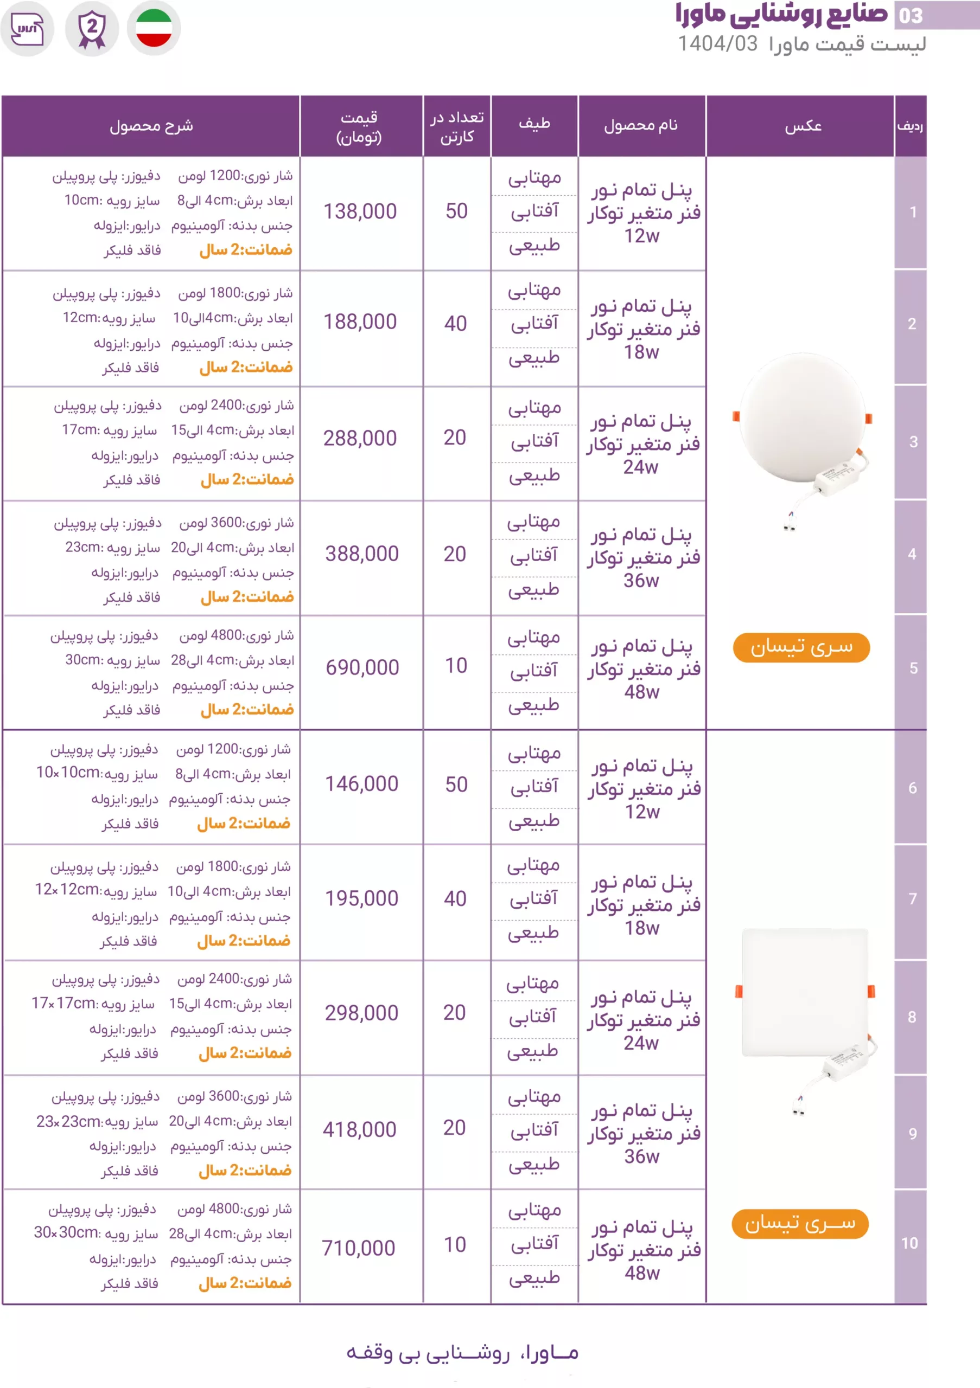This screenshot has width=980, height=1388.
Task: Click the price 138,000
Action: (x=360, y=211)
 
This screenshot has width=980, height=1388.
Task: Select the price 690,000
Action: (x=362, y=667)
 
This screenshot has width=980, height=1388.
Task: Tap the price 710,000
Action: (x=358, y=1248)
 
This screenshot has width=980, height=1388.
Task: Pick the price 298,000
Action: (x=361, y=1013)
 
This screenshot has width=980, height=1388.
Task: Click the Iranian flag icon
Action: (x=154, y=28)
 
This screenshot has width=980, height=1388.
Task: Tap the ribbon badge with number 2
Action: (x=92, y=28)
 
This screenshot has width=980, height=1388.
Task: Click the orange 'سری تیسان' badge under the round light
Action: (x=801, y=647)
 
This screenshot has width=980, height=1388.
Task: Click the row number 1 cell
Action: (x=913, y=212)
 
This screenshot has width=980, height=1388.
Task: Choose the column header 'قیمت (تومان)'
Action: (x=359, y=126)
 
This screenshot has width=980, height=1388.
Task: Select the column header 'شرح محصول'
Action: (x=151, y=126)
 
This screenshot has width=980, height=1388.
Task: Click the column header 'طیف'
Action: (x=534, y=125)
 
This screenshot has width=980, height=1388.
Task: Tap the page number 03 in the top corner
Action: (x=911, y=16)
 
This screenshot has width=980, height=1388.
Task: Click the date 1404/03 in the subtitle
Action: (x=717, y=43)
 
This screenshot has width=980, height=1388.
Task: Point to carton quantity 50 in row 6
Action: (x=456, y=784)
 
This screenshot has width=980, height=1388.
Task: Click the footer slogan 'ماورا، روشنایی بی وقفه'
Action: (x=462, y=1353)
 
